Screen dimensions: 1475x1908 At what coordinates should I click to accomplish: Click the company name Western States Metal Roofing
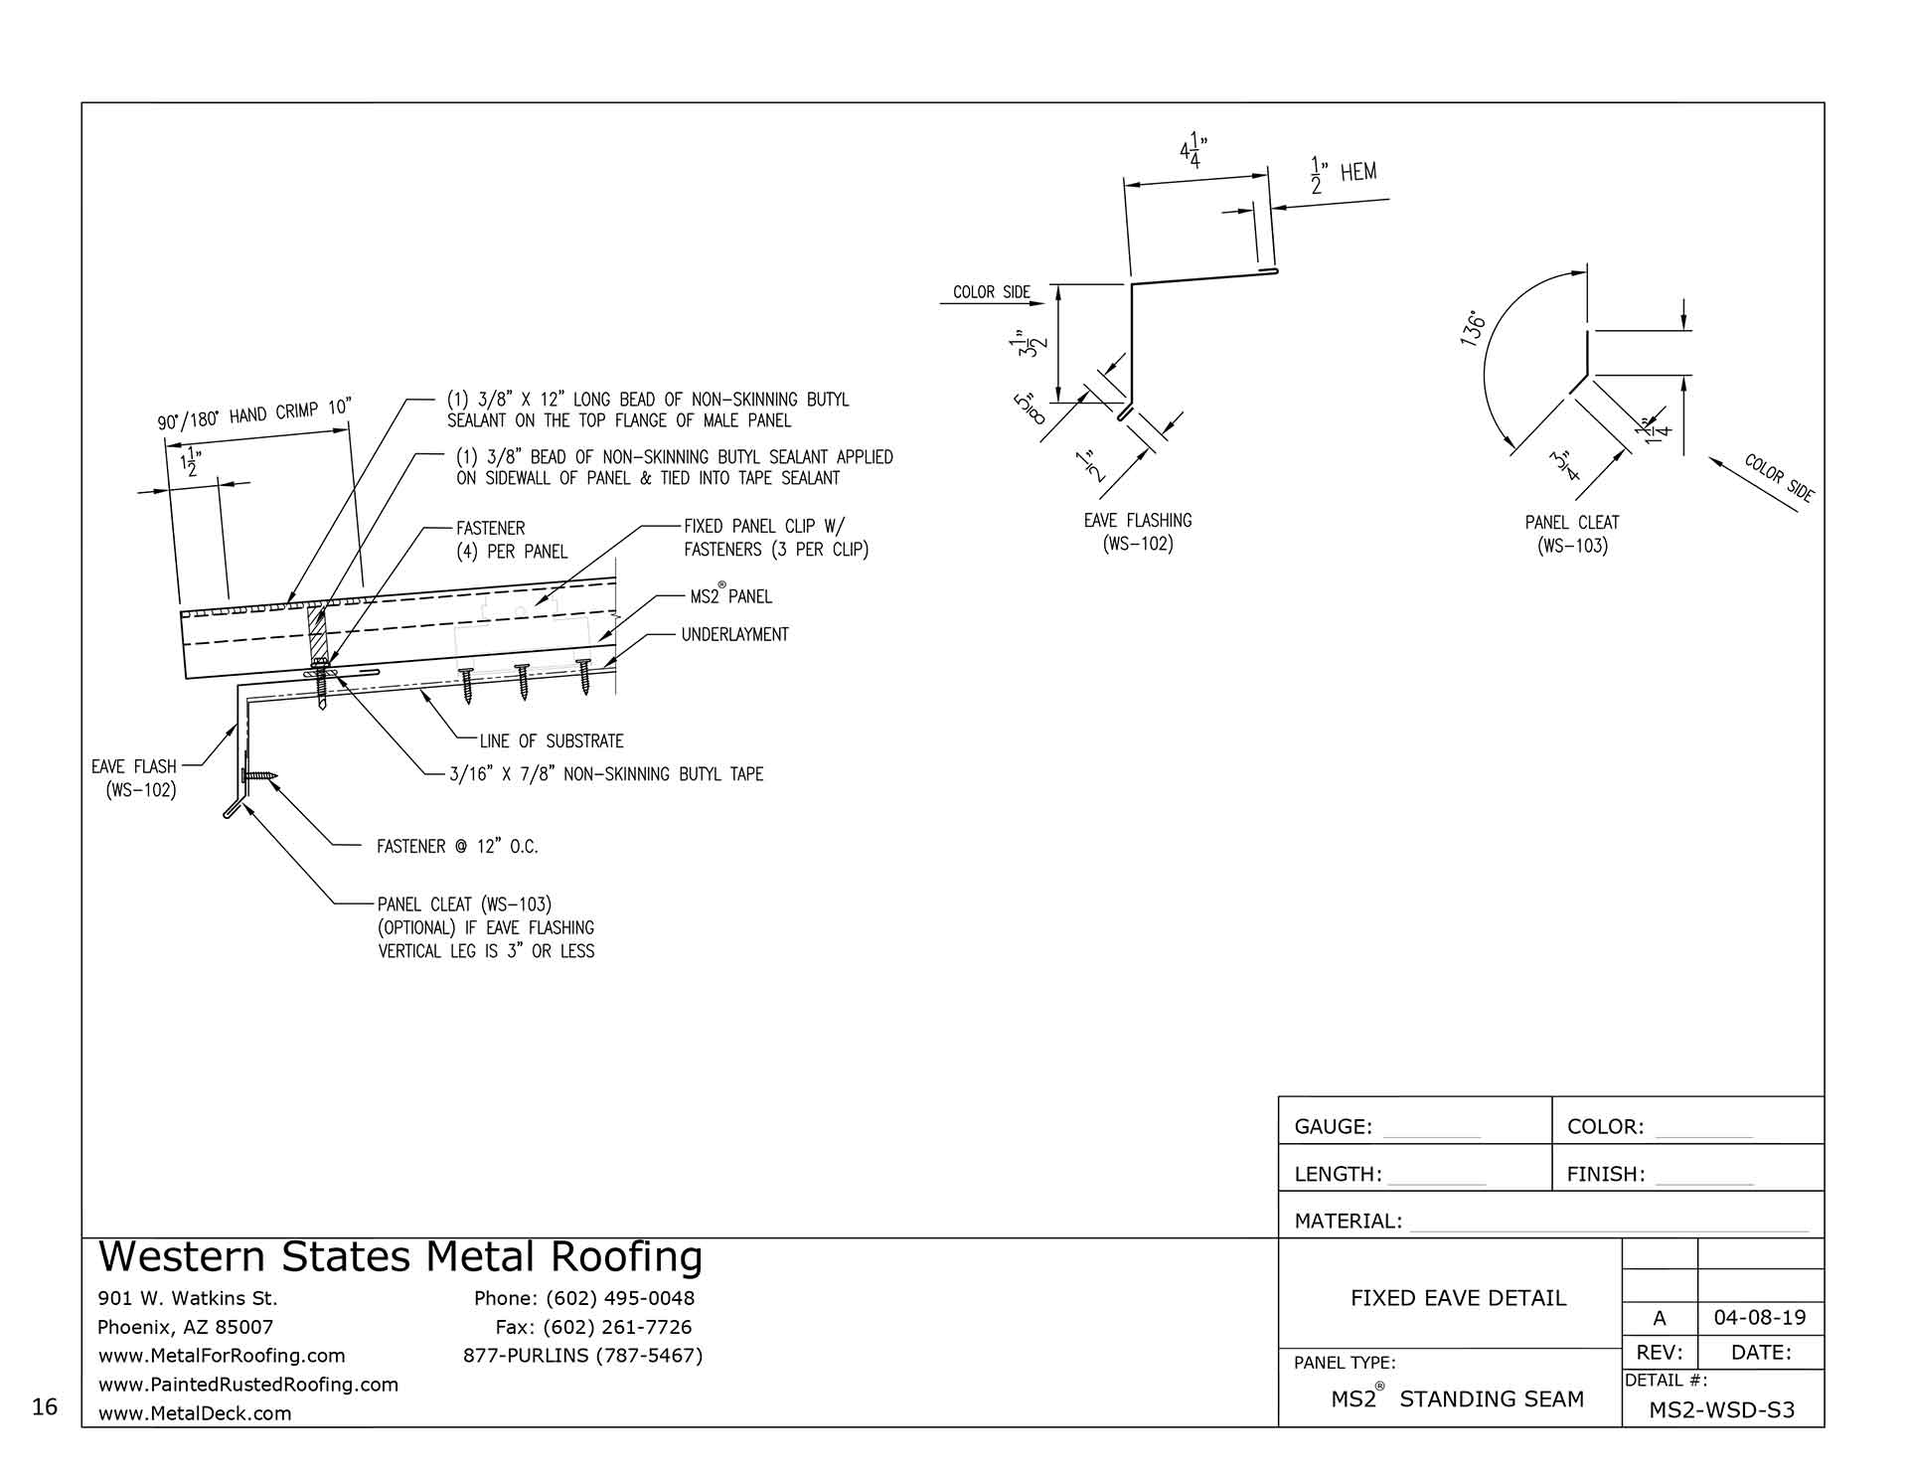pos(400,1257)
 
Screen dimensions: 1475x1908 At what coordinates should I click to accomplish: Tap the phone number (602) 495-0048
pos(583,1298)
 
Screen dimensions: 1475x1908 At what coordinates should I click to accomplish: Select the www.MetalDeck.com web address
pos(195,1413)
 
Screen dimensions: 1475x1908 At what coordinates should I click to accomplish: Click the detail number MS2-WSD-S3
pos(1721,1409)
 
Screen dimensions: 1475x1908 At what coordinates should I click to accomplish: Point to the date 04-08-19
pos(1760,1318)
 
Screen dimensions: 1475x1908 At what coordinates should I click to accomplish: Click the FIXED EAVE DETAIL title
pos(1458,1298)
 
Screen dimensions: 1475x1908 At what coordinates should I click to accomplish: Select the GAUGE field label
pos(1333,1127)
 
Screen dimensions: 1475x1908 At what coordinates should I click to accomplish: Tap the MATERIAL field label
pos(1348,1222)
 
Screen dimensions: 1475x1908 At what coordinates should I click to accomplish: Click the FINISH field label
pos(1605,1175)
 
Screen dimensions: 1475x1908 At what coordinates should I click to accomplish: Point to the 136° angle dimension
pos(1474,329)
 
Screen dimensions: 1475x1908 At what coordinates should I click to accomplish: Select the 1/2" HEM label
pos(1345,174)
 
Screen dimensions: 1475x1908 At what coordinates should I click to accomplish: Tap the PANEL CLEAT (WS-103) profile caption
pos(1572,534)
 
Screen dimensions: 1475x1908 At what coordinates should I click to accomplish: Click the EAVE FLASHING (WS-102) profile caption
pos(1138,532)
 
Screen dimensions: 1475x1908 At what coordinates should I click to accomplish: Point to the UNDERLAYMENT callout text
pos(734,634)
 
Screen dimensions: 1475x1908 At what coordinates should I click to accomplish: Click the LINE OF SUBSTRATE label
pos(551,741)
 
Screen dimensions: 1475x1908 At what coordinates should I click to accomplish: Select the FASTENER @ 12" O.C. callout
pos(457,847)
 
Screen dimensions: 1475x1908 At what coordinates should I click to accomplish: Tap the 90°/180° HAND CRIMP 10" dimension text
pos(255,413)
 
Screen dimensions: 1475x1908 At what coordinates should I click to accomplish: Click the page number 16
pos(45,1406)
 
